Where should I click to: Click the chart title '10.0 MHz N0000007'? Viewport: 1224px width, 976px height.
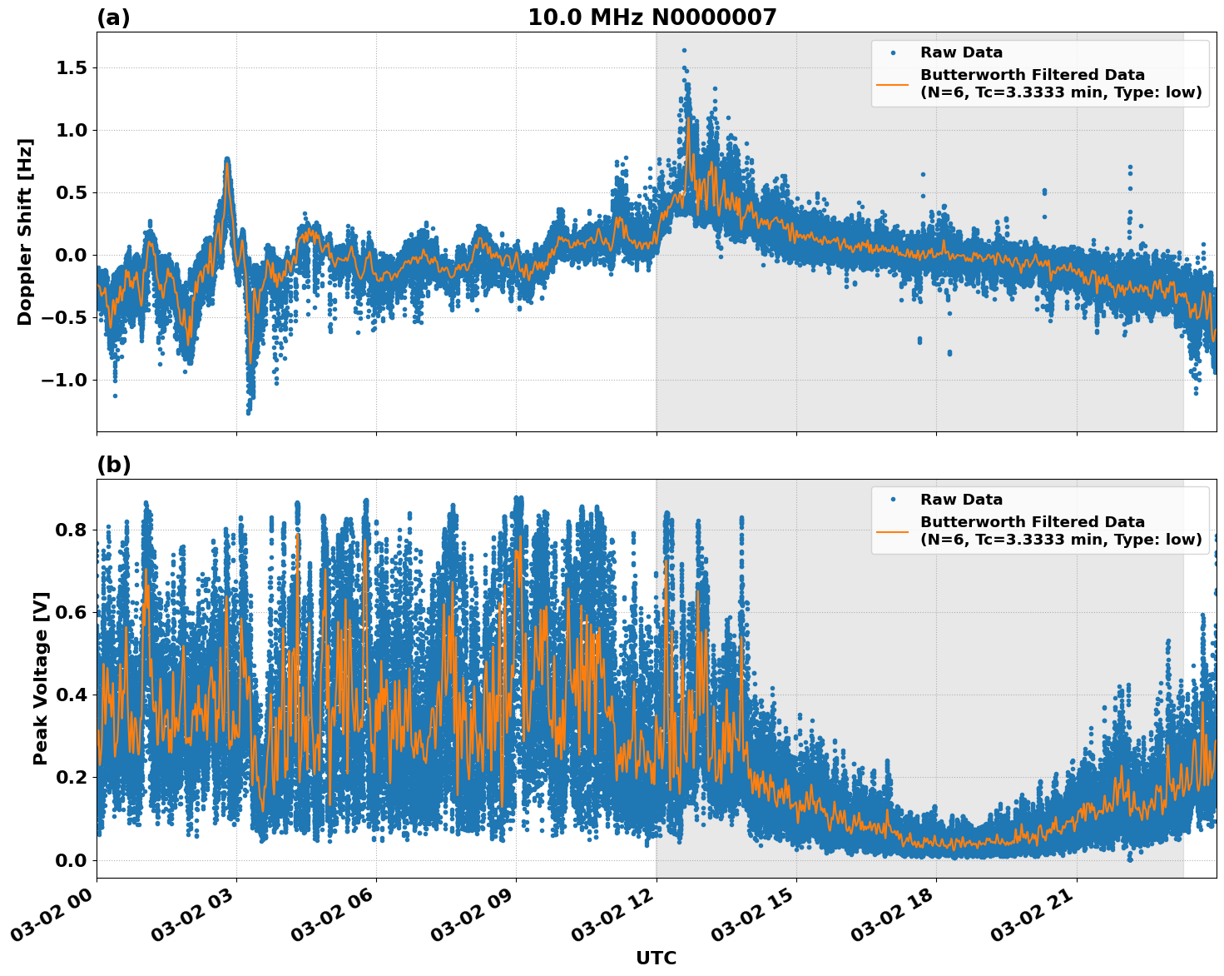[x=652, y=17]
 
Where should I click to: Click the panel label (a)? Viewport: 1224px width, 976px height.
[x=113, y=17]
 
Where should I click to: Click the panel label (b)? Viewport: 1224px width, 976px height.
[x=113, y=465]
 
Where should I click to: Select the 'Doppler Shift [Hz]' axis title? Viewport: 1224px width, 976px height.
[x=25, y=232]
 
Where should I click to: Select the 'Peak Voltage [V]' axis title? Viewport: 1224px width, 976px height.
[x=41, y=678]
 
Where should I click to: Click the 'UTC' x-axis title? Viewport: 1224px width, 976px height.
[x=656, y=958]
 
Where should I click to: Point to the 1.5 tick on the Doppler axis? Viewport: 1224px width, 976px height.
[x=72, y=67]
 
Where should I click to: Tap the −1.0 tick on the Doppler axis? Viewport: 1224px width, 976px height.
[x=66, y=380]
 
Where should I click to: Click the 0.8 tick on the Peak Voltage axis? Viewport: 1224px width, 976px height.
[x=72, y=530]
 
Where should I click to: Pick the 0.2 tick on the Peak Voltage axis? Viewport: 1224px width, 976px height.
[x=72, y=777]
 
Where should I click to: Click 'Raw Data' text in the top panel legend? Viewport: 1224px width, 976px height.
[x=961, y=52]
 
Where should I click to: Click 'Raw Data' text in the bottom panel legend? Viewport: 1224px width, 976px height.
[x=961, y=500]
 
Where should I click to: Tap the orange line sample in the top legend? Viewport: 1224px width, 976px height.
[x=892, y=83]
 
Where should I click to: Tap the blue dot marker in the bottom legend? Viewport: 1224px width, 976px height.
[x=892, y=500]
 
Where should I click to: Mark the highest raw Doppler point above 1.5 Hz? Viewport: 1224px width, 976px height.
[x=684, y=50]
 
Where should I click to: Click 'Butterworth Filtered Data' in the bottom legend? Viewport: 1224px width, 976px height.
[x=1032, y=522]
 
